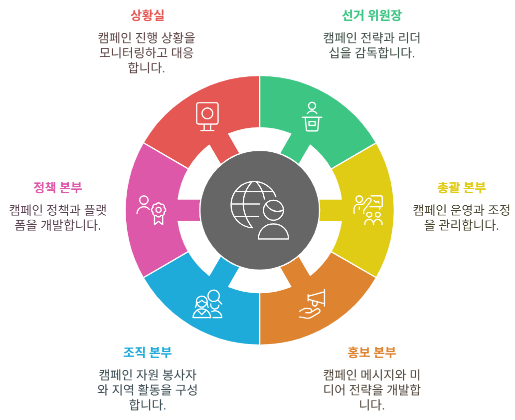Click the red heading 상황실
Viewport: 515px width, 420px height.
pos(147,15)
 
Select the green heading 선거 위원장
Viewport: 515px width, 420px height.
pos(372,15)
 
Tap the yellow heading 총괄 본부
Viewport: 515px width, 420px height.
pos(461,188)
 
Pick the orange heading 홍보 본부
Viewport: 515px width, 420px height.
pos(372,352)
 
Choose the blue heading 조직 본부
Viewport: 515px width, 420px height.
pos(147,352)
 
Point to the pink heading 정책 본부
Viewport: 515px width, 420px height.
pos(57,188)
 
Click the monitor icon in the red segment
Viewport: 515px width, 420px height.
pos(207,116)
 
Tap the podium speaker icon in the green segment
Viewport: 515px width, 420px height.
pos(312,116)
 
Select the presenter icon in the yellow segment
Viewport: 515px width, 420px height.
pos(368,210)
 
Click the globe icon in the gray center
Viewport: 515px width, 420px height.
pos(260,210)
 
